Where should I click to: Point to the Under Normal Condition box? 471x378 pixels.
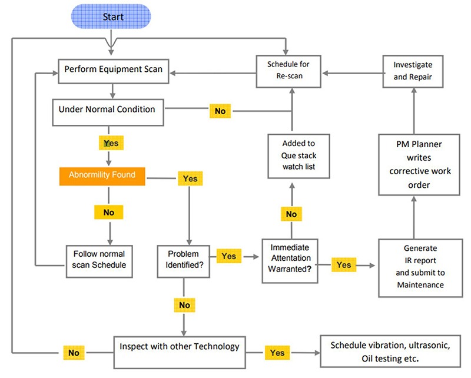click(x=107, y=110)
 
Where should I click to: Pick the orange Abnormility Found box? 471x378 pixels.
click(x=102, y=175)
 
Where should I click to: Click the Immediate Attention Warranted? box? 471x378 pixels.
click(x=290, y=257)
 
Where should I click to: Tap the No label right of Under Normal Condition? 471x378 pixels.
click(x=219, y=110)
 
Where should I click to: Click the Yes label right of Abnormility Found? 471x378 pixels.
click(x=190, y=178)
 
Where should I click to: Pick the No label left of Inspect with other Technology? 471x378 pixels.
click(x=73, y=353)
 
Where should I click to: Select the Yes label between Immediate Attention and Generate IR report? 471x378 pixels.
click(x=344, y=265)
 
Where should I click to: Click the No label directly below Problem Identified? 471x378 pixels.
click(x=184, y=305)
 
